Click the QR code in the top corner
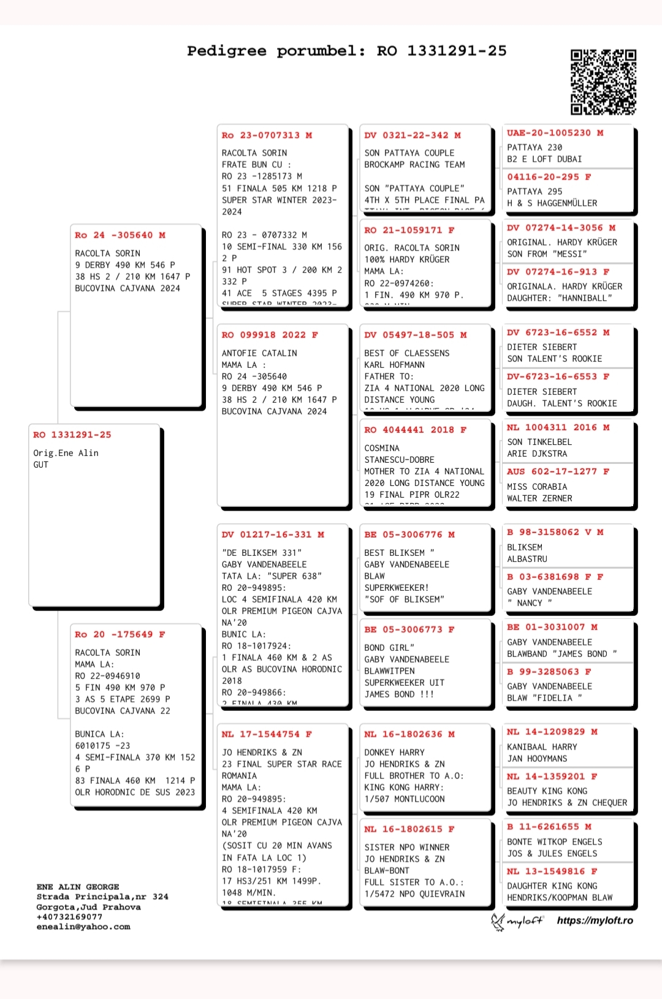tap(603, 82)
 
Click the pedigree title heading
tap(347, 51)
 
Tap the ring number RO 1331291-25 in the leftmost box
tap(72, 435)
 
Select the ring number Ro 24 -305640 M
tap(120, 235)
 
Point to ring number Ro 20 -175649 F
tap(120, 634)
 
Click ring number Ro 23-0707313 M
tap(267, 135)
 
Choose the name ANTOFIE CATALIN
tap(259, 353)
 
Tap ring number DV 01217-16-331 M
tap(273, 535)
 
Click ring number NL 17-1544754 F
tap(267, 734)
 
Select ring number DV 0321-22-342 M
tap(413, 135)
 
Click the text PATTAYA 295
tap(535, 192)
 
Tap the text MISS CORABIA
tap(537, 487)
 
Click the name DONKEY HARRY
tap(394, 753)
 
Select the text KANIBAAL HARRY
tap(542, 747)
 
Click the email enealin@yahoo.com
tap(83, 927)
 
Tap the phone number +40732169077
tap(69, 917)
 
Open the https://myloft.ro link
tap(595, 921)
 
